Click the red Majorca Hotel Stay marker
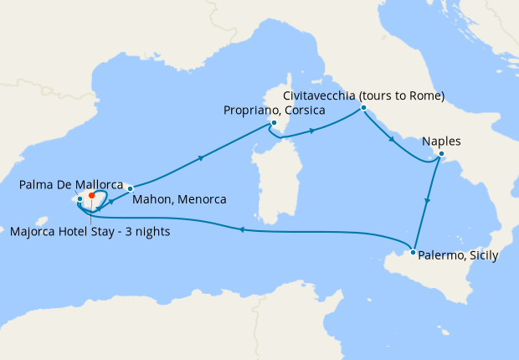point(91,196)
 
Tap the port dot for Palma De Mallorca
point(80,199)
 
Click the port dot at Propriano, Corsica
point(273,123)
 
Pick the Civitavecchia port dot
point(363,108)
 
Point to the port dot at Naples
point(441,154)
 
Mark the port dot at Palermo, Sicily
point(414,251)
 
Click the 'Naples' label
point(442,141)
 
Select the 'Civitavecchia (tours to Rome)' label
point(363,95)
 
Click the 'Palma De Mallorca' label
point(72,184)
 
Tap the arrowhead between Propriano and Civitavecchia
point(311,131)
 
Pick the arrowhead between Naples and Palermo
point(429,201)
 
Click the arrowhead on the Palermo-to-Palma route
point(240,229)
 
